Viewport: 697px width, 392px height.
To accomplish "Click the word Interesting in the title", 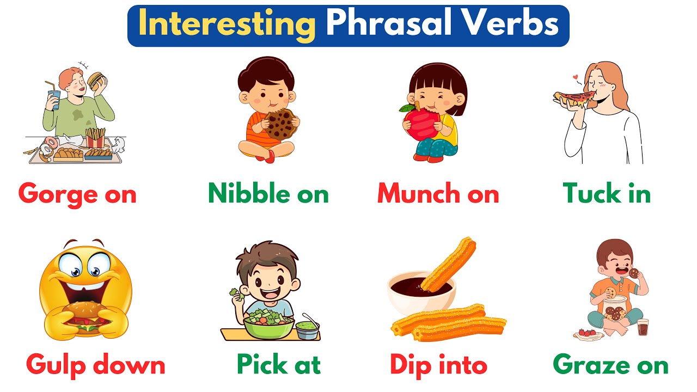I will tap(227, 25).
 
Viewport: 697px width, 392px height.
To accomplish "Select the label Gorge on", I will tap(77, 194).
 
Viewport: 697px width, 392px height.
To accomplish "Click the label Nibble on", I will tap(268, 194).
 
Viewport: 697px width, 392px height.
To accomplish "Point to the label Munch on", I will tap(438, 194).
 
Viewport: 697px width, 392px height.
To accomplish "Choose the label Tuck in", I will tap(607, 194).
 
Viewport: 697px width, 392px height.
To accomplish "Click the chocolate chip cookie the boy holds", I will tap(280, 124).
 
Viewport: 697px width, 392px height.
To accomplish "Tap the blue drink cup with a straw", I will tap(54, 100).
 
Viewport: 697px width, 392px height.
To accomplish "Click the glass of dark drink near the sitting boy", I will tap(643, 327).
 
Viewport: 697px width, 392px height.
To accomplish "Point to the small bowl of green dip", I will tap(307, 329).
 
